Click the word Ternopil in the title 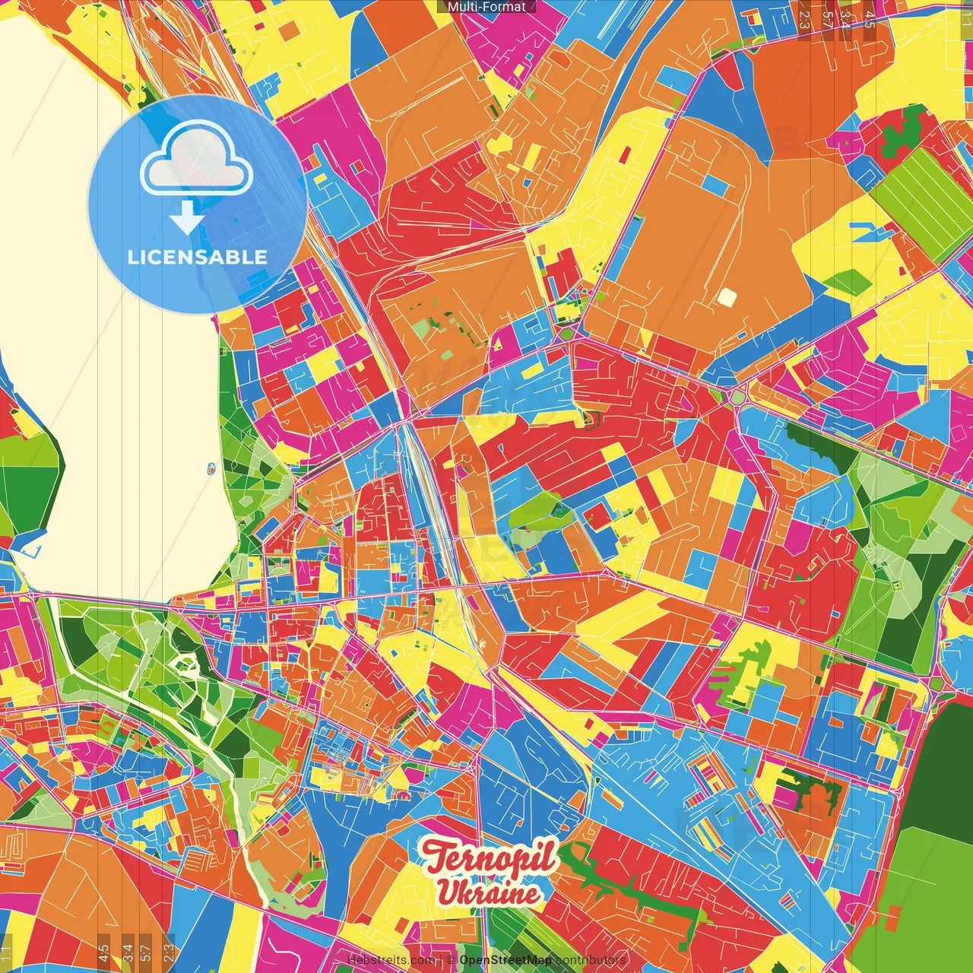click(490, 857)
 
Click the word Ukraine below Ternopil click(489, 892)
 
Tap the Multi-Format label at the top click(486, 7)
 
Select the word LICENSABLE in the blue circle click(198, 257)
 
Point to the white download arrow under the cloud click(186, 217)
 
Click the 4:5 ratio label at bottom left click(103, 952)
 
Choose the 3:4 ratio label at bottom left click(128, 952)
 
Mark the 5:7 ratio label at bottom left click(146, 952)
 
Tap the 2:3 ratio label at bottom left click(169, 952)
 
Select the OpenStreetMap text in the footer click(506, 960)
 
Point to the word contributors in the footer click(590, 960)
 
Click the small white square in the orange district click(727, 297)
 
